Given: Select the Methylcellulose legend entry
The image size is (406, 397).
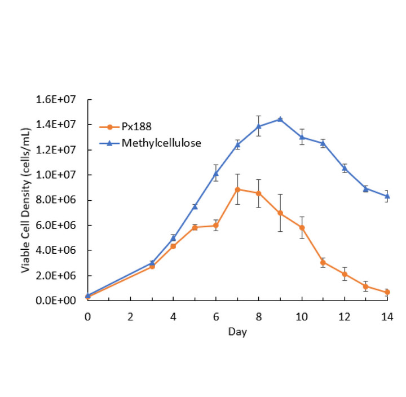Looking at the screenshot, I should (x=161, y=143).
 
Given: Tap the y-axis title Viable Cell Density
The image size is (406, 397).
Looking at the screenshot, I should (x=27, y=201).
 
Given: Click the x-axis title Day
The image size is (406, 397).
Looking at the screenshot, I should (x=237, y=332).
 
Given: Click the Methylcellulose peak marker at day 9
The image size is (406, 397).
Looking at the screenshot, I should (x=280, y=119).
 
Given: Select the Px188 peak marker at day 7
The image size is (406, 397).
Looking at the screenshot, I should (x=237, y=189).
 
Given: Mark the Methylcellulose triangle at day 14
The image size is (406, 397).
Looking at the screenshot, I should (x=386, y=196).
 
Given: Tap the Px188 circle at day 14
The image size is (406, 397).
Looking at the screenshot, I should (x=386, y=292).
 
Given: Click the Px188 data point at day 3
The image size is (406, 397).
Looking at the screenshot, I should (x=152, y=266).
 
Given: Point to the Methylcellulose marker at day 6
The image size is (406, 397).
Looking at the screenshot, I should (x=216, y=173).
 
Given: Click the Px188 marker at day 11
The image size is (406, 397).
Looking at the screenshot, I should (x=323, y=262).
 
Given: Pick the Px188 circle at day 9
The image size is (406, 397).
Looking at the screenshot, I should (x=280, y=213).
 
